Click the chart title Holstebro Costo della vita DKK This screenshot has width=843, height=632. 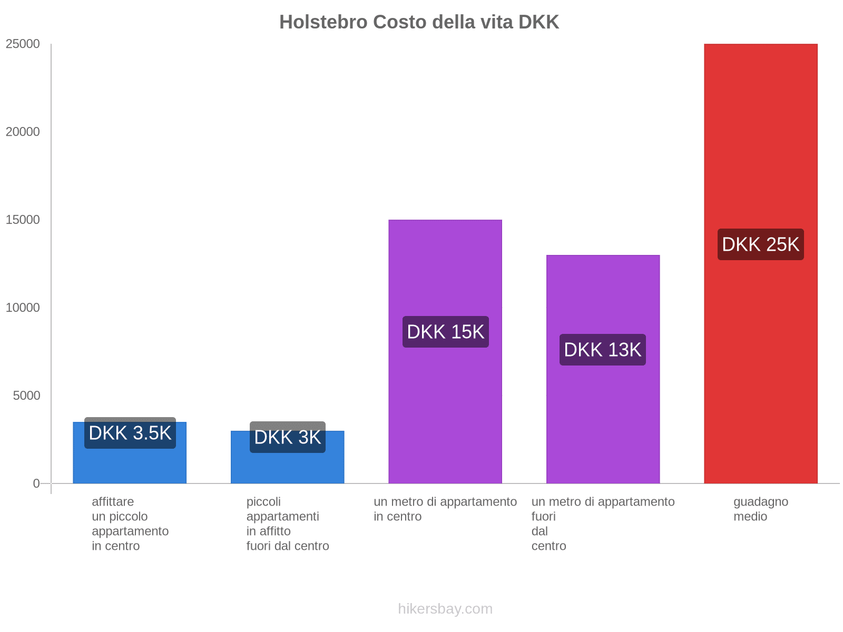(x=419, y=22)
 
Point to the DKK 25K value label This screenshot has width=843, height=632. (x=760, y=244)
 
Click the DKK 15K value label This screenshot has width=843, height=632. (x=445, y=332)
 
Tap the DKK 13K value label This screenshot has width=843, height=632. (x=602, y=350)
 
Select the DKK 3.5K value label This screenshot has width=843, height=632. (x=130, y=433)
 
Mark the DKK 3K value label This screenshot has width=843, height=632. (x=287, y=437)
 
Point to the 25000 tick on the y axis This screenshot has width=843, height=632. (x=23, y=44)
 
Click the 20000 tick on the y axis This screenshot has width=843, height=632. (x=23, y=132)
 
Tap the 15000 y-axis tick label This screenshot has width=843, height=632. (x=23, y=220)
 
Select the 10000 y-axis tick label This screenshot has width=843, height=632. (x=23, y=308)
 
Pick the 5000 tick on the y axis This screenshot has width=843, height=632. (x=27, y=396)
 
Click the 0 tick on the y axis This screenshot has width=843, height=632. (x=36, y=483)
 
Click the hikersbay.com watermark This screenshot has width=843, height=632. (x=445, y=609)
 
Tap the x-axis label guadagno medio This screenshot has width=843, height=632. (x=760, y=509)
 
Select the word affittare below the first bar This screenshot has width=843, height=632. (x=113, y=501)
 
